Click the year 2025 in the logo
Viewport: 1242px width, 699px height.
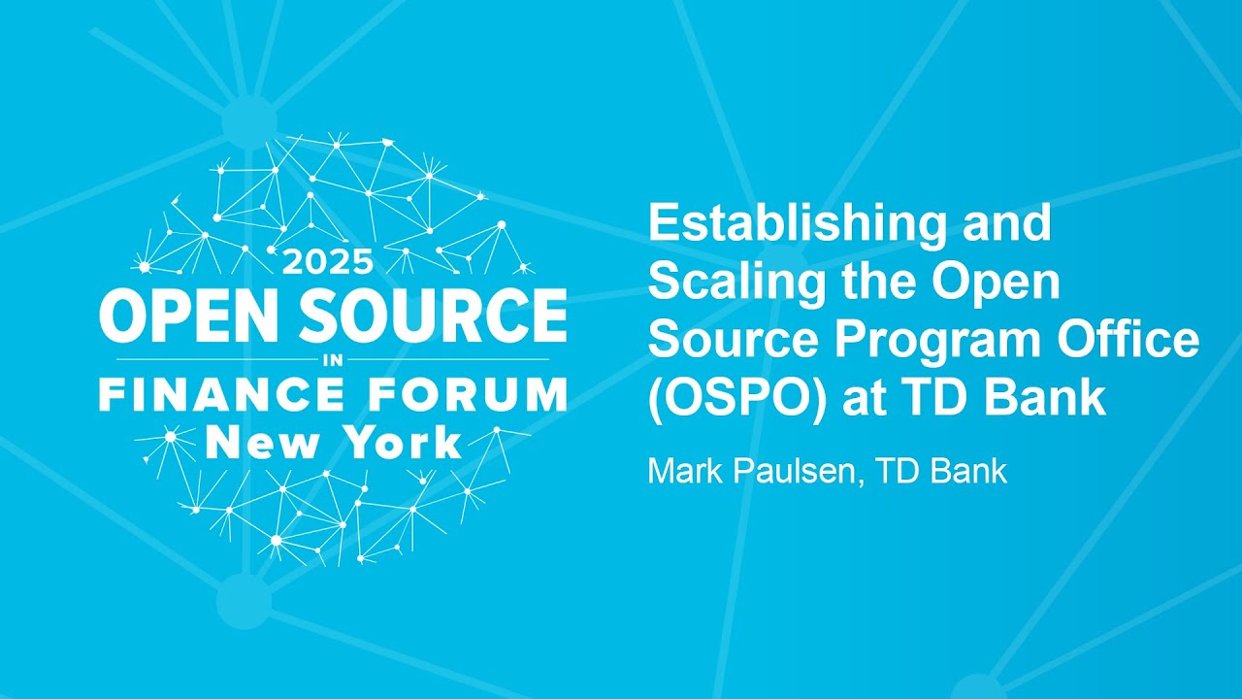click(327, 263)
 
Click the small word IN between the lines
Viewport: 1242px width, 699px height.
click(331, 360)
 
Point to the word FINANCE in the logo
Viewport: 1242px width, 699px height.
click(221, 396)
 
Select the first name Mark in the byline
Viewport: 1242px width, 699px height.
click(680, 472)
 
